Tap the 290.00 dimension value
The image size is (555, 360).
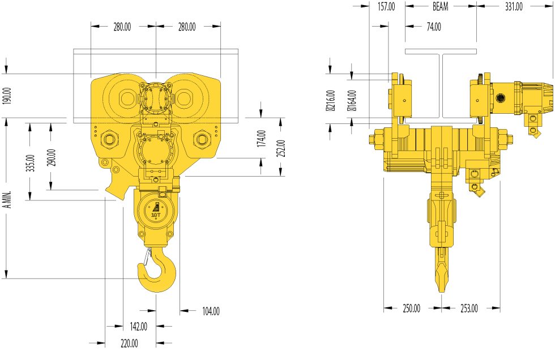pos(52,157)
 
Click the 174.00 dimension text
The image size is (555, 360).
pos(261,139)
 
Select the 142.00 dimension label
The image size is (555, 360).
pos(138,327)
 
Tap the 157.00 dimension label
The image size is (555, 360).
pos(386,7)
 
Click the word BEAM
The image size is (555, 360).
pos(441,7)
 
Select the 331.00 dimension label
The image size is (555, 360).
pos(513,7)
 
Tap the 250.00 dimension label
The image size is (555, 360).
pos(411,308)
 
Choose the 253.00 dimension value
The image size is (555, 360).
pos(468,308)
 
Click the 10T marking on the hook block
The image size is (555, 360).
pos(155,215)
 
